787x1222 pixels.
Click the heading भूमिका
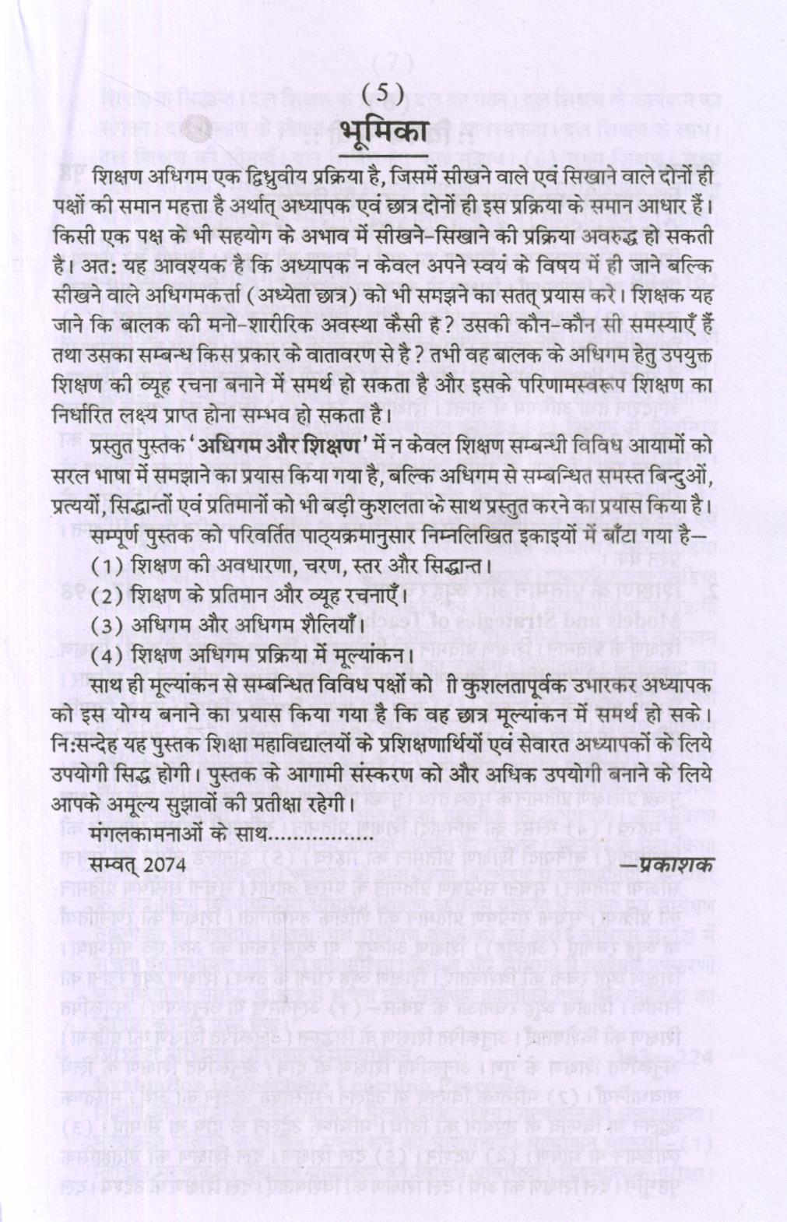[387, 132]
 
